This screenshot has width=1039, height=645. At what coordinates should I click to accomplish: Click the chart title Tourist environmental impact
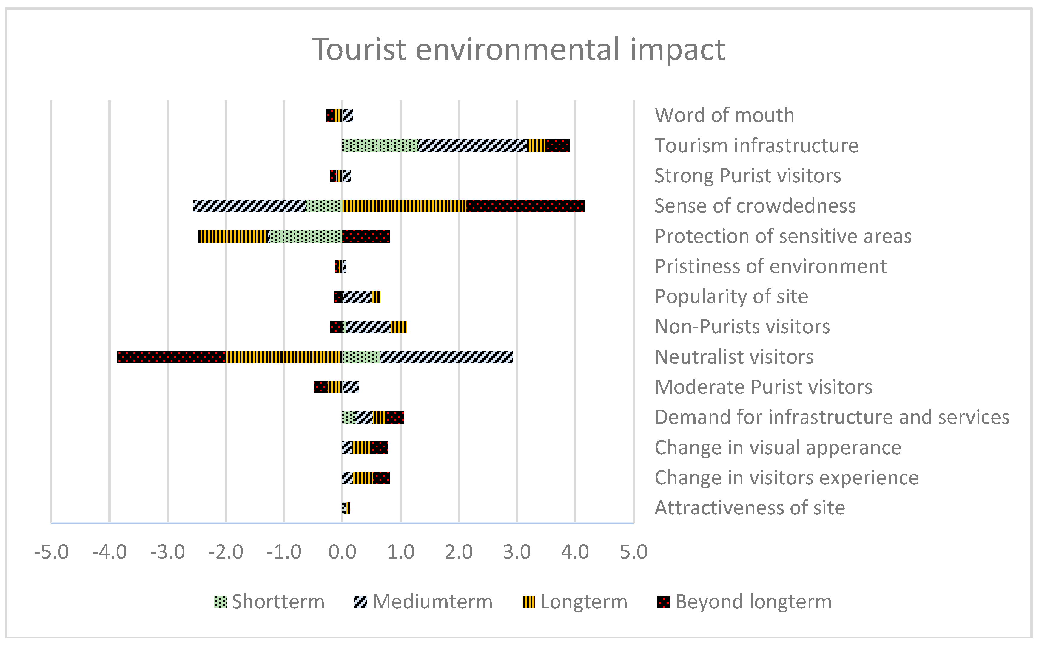(518, 50)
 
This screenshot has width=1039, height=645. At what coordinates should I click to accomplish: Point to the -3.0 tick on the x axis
(168, 552)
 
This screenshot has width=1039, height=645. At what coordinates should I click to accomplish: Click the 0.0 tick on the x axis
(342, 552)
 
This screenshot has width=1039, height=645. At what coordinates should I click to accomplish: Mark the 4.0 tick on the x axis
(575, 552)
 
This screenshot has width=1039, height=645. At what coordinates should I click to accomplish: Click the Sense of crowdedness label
(755, 206)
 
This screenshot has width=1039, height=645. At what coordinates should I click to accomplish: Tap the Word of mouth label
(724, 115)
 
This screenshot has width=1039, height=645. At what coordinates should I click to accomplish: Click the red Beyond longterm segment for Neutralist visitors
(172, 357)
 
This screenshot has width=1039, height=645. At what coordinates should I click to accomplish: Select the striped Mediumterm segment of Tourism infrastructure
(473, 146)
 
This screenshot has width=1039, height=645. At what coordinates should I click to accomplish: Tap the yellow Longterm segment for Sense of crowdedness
(404, 206)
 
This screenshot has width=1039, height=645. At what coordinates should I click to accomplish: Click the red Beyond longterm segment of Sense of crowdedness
(525, 206)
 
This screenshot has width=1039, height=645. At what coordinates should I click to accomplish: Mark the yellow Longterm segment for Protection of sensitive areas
(233, 236)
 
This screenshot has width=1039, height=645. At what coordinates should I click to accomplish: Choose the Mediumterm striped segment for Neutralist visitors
(446, 357)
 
